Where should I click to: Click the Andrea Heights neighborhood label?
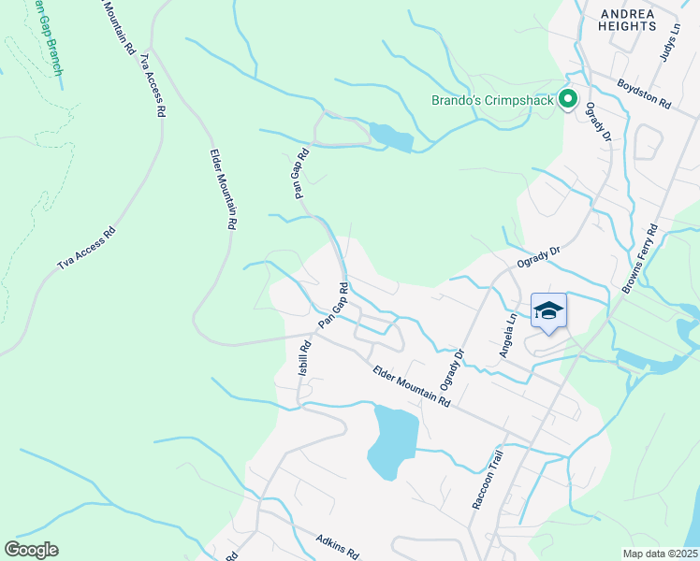(628, 20)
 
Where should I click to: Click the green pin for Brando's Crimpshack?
(567, 98)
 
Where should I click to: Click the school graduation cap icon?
(548, 311)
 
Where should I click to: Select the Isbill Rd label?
(304, 358)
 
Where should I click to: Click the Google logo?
(31, 550)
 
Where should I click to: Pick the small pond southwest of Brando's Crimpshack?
(391, 137)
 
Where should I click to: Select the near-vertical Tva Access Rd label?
(152, 84)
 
